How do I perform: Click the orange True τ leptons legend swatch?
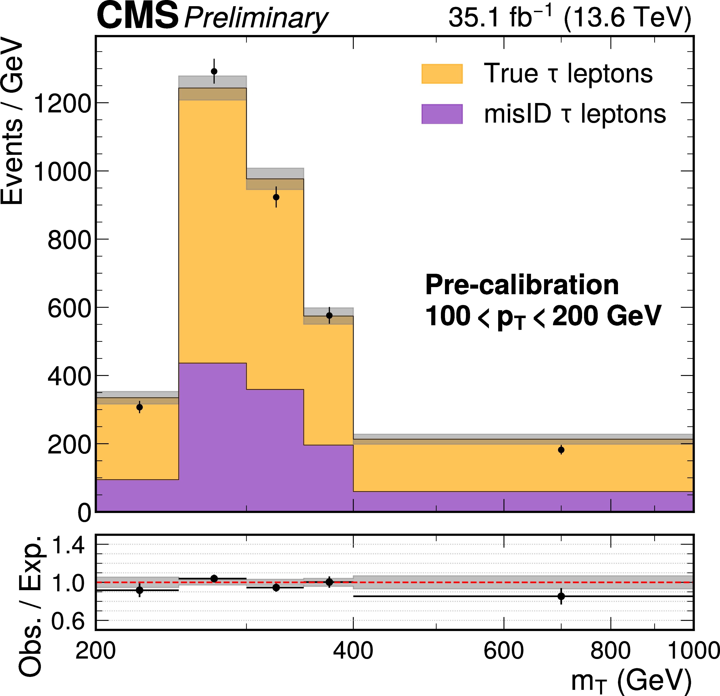pyautogui.click(x=442, y=74)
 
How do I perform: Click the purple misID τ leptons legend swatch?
pyautogui.click(x=442, y=114)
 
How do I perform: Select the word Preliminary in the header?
pyautogui.click(x=256, y=18)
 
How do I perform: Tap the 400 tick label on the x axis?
pyautogui.click(x=353, y=650)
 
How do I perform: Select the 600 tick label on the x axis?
pyautogui.click(x=504, y=650)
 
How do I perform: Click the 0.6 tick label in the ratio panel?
pyautogui.click(x=68, y=621)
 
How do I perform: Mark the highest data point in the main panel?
pyautogui.click(x=214, y=71)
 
